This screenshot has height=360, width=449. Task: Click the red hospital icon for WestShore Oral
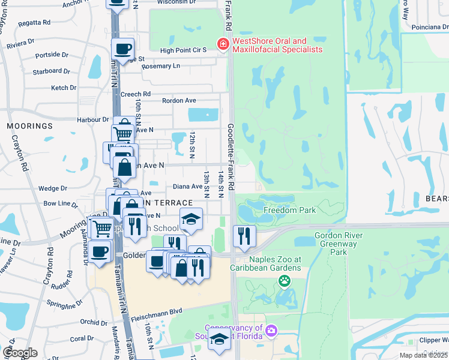[x=223, y=44]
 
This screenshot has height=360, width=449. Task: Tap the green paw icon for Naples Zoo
[x=284, y=280]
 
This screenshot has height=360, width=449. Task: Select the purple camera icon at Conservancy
[x=271, y=331]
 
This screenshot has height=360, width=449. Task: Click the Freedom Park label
[x=289, y=211]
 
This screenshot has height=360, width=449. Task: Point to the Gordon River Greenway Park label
[x=339, y=244]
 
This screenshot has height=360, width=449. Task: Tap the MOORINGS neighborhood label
[x=30, y=126]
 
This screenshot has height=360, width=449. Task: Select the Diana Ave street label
[x=188, y=187]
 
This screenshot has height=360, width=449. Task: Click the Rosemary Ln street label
[x=161, y=66]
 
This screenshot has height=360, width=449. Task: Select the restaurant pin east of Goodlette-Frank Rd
[x=244, y=236]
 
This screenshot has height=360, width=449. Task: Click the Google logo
[x=20, y=352]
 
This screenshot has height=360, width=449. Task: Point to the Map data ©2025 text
[x=424, y=355]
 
